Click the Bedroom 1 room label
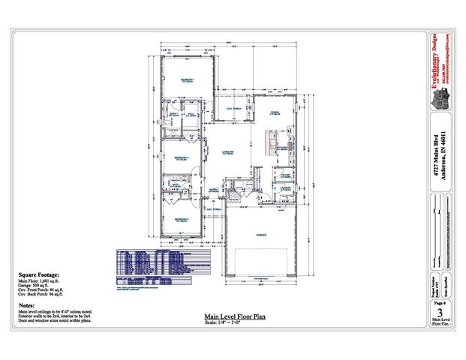(187, 80)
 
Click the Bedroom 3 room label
(182, 219)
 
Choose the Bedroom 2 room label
(181, 158)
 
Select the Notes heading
(27, 305)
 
